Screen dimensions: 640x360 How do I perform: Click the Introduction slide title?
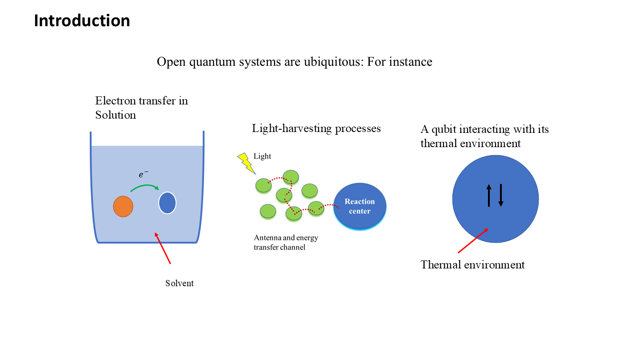[82, 20]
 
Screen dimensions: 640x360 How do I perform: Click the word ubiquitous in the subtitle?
[333, 62]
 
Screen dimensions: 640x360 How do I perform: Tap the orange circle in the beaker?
[123, 206]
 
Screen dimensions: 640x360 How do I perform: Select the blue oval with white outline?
[167, 203]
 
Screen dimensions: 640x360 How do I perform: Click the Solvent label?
[180, 283]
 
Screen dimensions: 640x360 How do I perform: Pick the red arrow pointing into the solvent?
[163, 248]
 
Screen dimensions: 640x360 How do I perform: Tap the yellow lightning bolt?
[246, 163]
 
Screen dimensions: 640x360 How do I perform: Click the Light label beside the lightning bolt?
[262, 156]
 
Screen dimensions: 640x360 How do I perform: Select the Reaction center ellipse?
[360, 206]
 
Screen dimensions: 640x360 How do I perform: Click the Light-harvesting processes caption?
[316, 128]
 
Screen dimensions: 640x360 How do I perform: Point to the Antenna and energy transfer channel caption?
[286, 242]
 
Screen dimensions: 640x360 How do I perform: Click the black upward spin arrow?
[489, 195]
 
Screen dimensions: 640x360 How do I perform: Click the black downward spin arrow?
[501, 195]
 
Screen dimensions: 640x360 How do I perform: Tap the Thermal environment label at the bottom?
[472, 264]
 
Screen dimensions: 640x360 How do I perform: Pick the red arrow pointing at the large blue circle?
[473, 240]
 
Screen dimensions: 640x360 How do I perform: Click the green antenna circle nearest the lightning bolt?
[264, 185]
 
